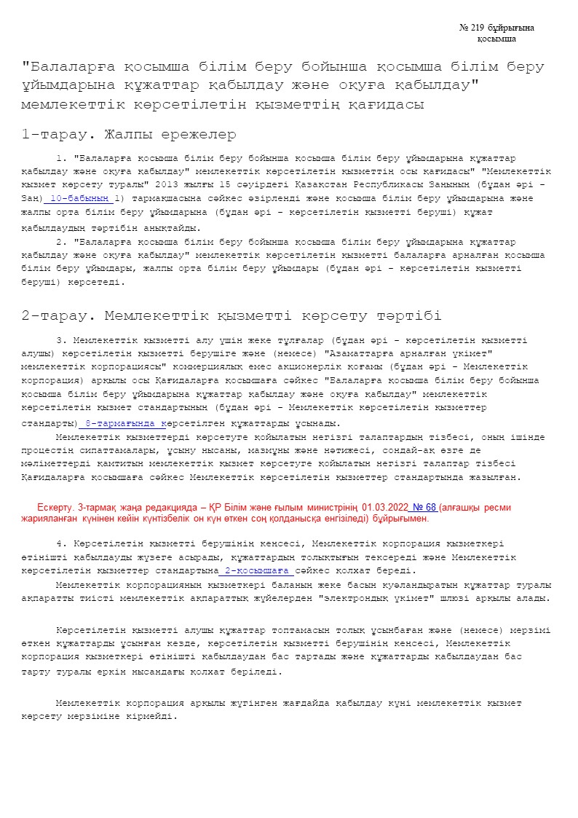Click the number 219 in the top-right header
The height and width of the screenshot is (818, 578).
pos(476,28)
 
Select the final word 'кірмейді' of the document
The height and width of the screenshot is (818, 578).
pos(154,717)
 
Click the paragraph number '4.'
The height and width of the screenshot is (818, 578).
pos(61,543)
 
